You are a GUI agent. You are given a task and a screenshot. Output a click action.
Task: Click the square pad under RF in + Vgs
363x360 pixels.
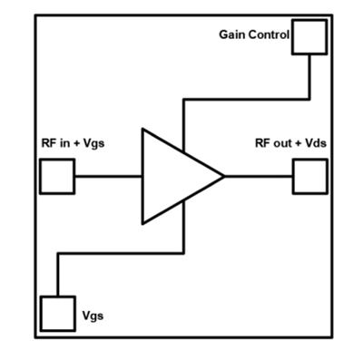(57, 176)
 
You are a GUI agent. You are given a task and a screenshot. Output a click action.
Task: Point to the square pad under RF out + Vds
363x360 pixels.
(309, 176)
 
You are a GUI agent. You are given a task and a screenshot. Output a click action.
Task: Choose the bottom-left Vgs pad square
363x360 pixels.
(57, 315)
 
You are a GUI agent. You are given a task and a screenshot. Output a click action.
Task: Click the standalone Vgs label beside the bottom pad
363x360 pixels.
(93, 316)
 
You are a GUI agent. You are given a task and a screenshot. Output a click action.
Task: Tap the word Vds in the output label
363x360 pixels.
(314, 144)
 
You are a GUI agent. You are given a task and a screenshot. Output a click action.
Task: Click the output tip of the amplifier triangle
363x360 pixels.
(223, 176)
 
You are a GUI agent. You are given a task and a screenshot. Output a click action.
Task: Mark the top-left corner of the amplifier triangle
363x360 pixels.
(142, 130)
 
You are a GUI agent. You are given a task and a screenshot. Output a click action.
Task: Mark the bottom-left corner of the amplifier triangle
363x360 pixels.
(142, 223)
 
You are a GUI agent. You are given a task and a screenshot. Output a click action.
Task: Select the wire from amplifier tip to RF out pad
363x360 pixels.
(258, 176)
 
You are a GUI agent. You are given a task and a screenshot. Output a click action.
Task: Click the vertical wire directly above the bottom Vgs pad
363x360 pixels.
(57, 276)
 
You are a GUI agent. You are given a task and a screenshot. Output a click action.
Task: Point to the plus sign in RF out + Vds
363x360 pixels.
(298, 144)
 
